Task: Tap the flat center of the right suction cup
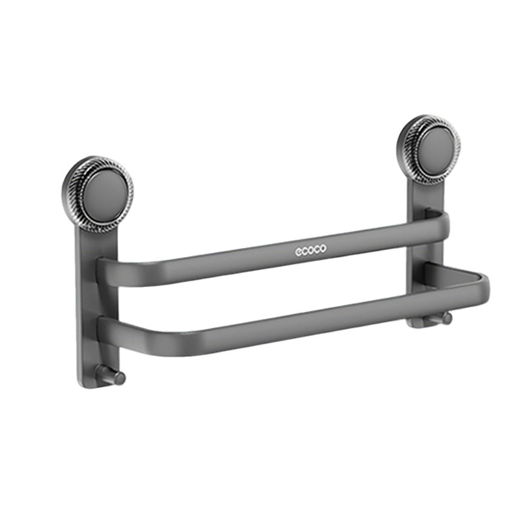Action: pos(435,148)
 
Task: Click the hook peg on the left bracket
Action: pos(111,376)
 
